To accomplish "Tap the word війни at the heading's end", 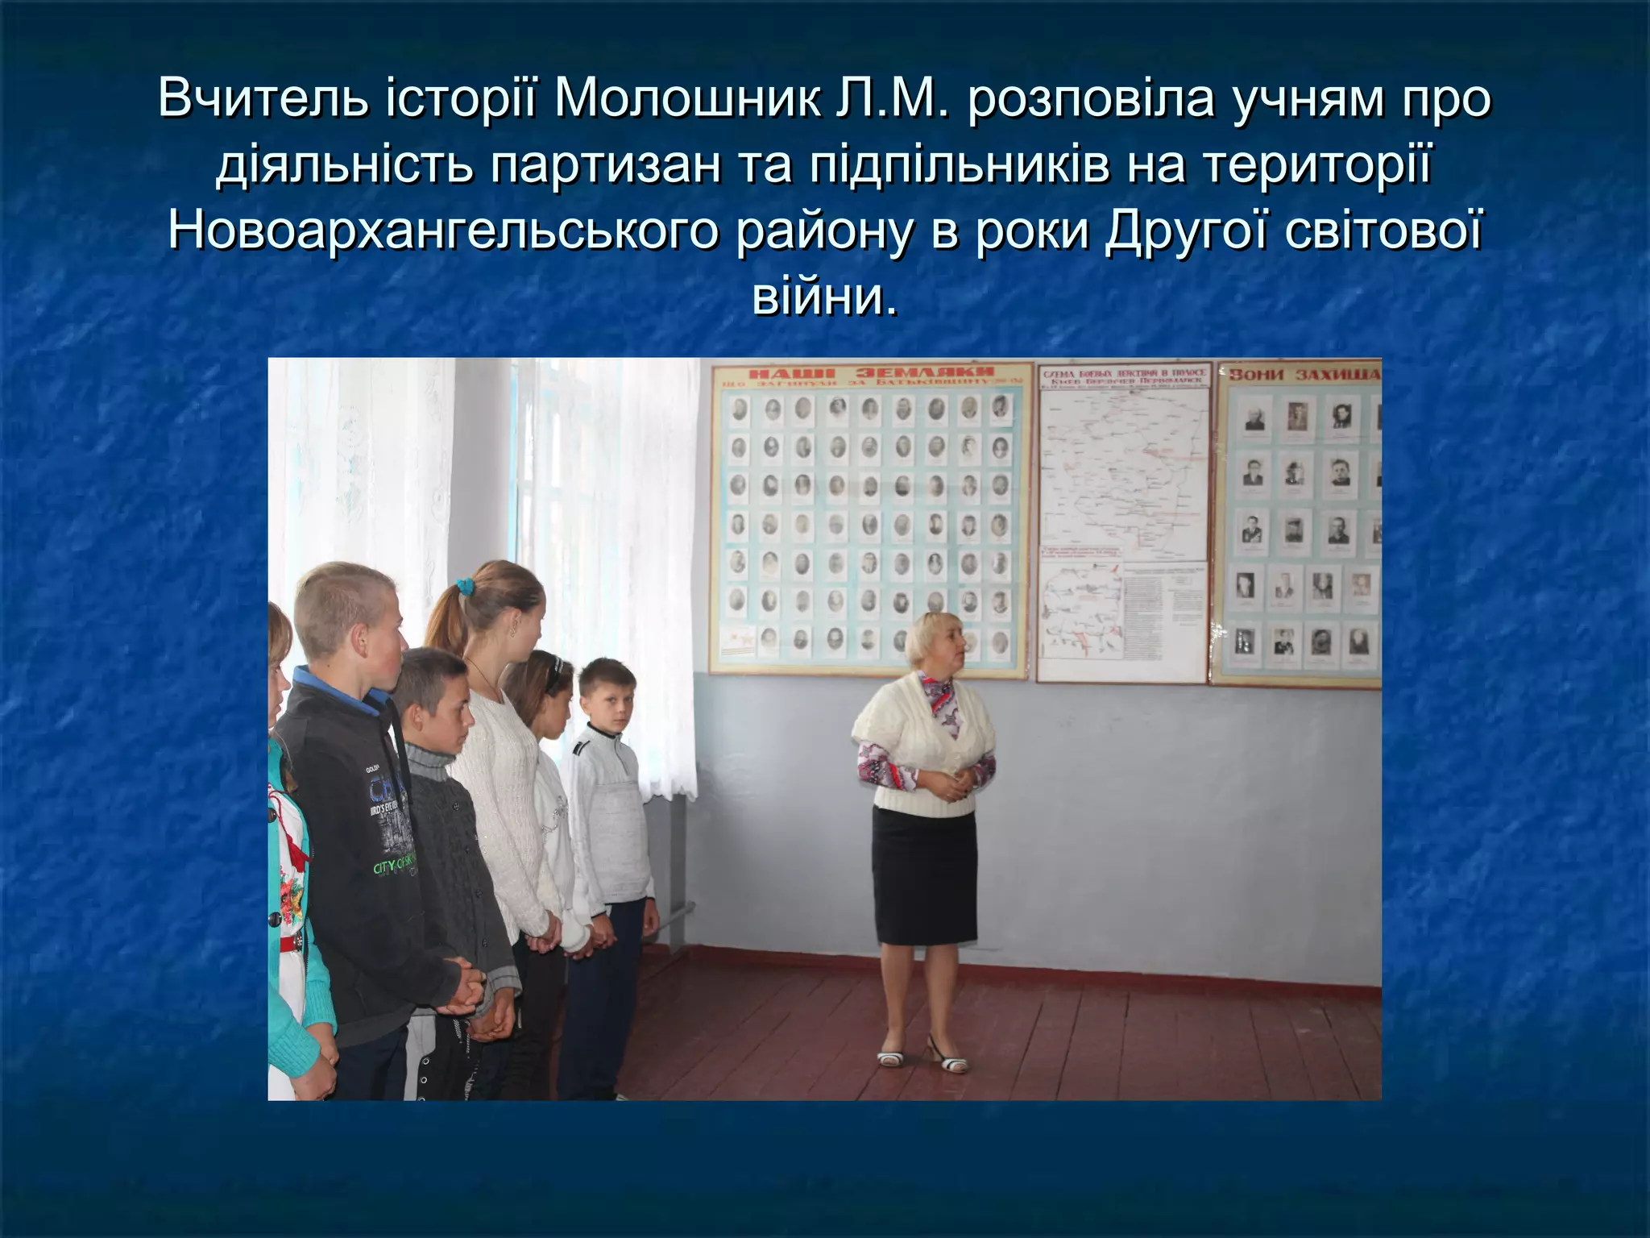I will (823, 296).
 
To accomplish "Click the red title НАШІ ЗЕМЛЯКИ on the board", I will (871, 372).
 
